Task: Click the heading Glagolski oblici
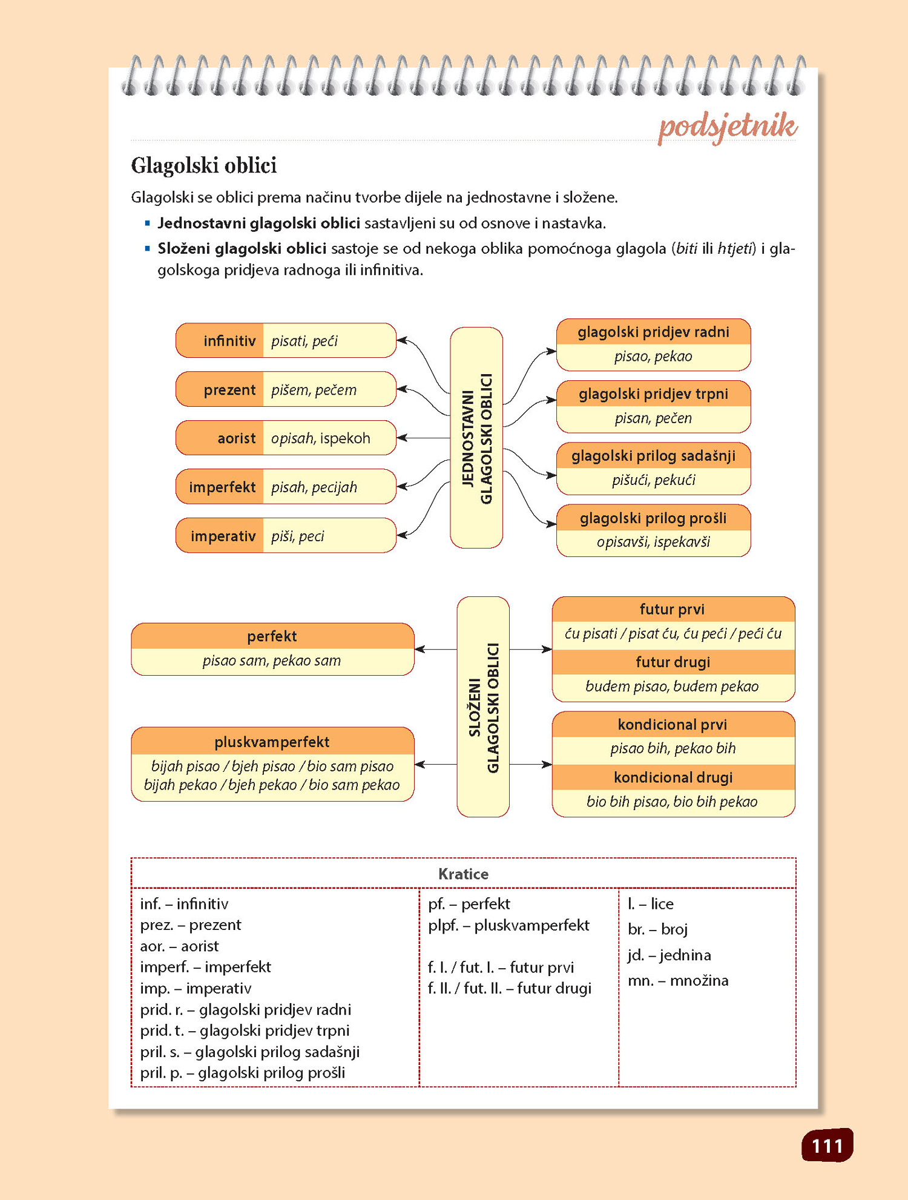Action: [x=204, y=165]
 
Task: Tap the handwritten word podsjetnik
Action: [x=727, y=127]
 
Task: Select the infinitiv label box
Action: [x=220, y=341]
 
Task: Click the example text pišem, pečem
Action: [x=314, y=390]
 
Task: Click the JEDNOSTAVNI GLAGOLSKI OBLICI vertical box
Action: [x=476, y=438]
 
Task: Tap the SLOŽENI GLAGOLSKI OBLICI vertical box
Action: [x=483, y=707]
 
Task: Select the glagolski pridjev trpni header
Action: [x=653, y=394]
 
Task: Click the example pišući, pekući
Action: [x=653, y=480]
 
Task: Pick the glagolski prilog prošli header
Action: [x=653, y=518]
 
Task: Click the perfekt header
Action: [x=272, y=636]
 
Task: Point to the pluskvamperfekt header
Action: [x=272, y=742]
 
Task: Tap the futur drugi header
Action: [x=673, y=662]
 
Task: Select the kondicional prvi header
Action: [x=673, y=725]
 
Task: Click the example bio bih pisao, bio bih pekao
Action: [x=672, y=802]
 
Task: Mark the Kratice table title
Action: [x=463, y=874]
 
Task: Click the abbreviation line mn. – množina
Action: [x=678, y=981]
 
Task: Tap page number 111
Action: [x=827, y=1146]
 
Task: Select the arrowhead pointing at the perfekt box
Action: [x=420, y=650]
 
